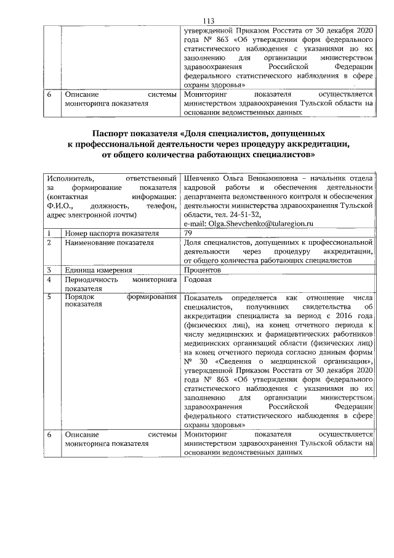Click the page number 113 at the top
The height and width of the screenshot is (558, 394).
point(197,20)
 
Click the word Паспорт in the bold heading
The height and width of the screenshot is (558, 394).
point(113,133)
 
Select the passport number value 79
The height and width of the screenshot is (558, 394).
point(189,234)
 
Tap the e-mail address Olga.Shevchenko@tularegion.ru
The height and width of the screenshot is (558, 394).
point(262,224)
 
